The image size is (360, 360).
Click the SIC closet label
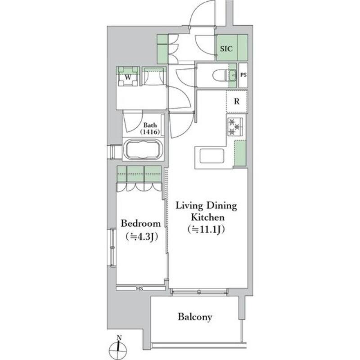click(226, 49)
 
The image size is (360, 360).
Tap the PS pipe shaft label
click(243, 75)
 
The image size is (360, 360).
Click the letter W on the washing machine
click(128, 77)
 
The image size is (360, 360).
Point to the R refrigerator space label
click(237, 101)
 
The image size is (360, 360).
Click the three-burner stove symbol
click(235, 127)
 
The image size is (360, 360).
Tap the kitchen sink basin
click(211, 156)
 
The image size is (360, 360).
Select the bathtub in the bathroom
click(143, 149)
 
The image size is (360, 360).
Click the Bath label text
click(150, 125)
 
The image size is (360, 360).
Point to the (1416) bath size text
click(150, 132)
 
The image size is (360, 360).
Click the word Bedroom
click(140, 223)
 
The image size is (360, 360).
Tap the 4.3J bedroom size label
click(142, 237)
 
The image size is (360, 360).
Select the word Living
click(189, 206)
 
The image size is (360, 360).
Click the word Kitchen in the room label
click(207, 217)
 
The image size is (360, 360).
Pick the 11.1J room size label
click(206, 229)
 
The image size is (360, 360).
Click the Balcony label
click(195, 317)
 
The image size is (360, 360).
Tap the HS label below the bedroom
click(139, 288)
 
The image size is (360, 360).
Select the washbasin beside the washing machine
click(154, 76)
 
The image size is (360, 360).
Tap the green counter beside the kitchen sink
click(240, 153)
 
